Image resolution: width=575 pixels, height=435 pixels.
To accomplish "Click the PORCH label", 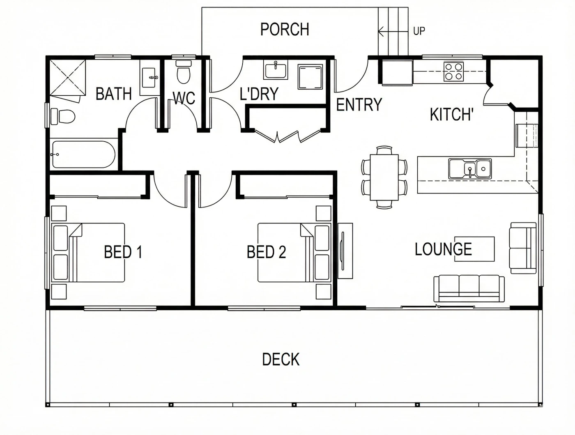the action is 285,29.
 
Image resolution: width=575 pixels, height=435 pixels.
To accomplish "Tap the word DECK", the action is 281,359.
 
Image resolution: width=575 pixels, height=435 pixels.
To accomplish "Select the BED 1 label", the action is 123,252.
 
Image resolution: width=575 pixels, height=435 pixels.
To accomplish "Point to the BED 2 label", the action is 266,252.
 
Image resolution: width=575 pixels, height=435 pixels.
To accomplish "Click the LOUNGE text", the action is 443,249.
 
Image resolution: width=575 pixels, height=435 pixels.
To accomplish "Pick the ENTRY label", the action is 359,104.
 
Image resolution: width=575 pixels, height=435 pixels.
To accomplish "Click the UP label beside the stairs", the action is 419,31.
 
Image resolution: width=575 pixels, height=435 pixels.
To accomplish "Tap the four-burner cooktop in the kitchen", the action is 453,71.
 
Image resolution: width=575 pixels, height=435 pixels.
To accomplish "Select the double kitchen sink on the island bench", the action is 470,169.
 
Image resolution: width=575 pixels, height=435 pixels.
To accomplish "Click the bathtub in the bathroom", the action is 83,154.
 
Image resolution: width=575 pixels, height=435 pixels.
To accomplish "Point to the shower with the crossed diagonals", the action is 68,78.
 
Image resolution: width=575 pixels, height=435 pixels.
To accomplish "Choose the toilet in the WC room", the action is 183,72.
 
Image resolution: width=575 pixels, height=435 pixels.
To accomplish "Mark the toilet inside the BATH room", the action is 63,116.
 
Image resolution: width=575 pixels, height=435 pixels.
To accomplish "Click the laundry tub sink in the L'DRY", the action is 276,69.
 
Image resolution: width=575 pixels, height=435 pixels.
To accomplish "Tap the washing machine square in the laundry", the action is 310,77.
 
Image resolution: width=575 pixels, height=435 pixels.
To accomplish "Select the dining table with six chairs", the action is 384,177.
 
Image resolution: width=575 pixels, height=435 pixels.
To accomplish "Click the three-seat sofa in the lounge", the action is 469,288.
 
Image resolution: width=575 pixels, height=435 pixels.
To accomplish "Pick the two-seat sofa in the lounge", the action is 522,248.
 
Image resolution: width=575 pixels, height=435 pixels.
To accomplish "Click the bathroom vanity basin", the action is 149,78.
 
